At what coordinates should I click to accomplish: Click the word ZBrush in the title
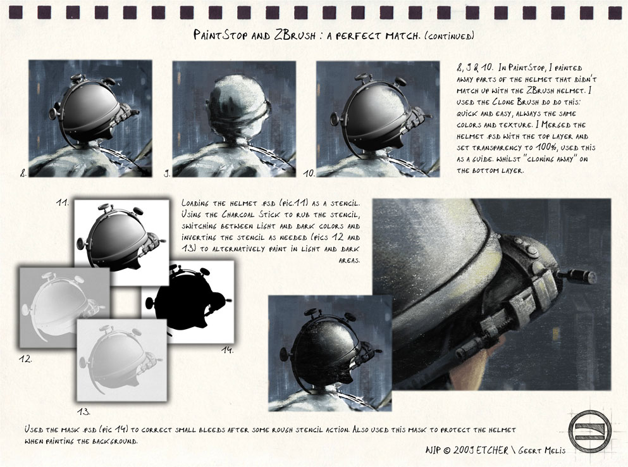coord(295,35)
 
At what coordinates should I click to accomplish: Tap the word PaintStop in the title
coord(221,35)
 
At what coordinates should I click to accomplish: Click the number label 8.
coord(23,173)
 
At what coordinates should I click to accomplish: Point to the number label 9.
coord(166,173)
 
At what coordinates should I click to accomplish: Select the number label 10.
coord(309,173)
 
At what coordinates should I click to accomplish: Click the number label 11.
coord(62,202)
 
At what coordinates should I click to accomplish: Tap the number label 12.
coord(25,358)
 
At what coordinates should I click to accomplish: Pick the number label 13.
coord(83,411)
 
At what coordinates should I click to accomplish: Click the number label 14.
coord(228,350)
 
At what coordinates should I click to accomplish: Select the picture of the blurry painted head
coord(234,119)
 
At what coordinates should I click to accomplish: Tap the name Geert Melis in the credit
coord(542,451)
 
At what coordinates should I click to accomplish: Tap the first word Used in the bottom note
coord(34,430)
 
